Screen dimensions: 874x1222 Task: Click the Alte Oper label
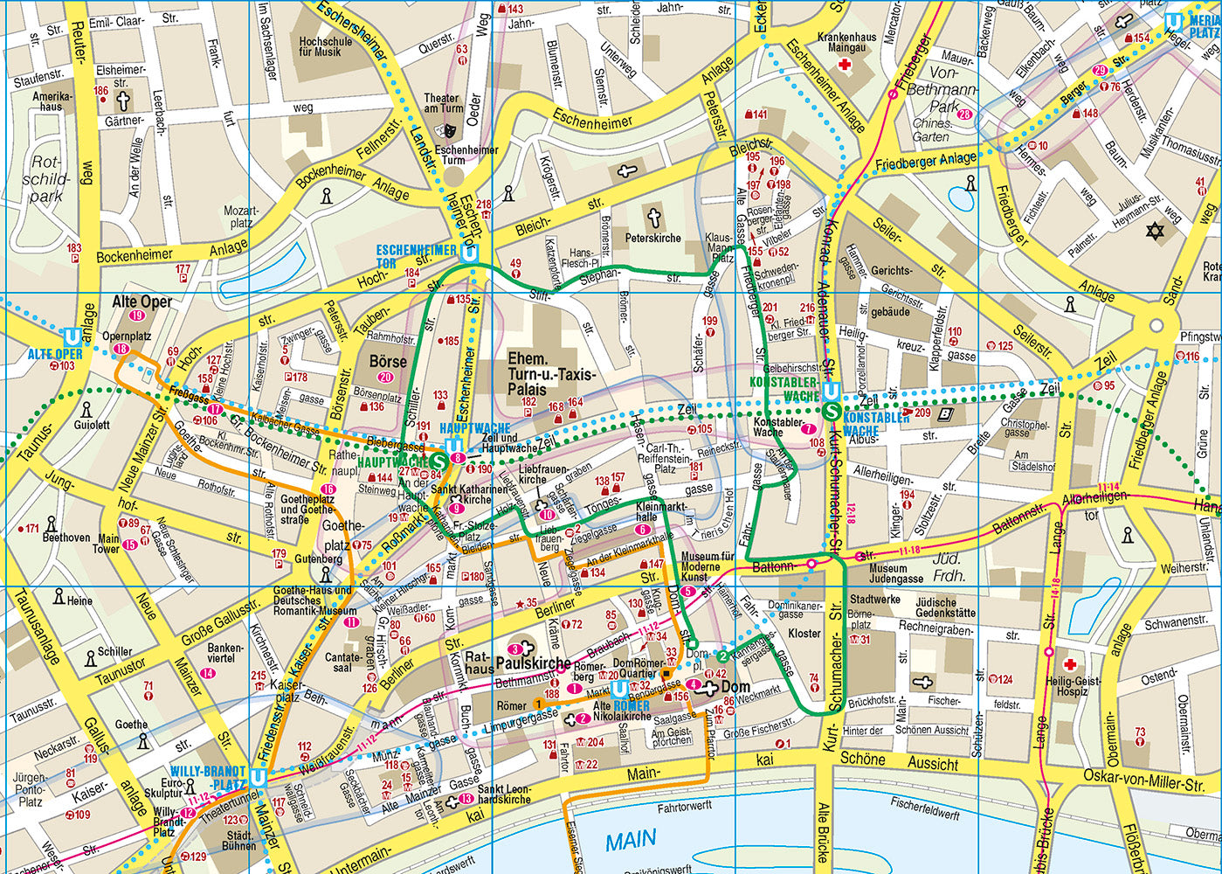tap(142, 302)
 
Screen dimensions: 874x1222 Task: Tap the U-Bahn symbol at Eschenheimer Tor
tap(471, 253)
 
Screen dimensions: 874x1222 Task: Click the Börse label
tap(388, 361)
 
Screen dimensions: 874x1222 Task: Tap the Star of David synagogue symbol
tap(1155, 231)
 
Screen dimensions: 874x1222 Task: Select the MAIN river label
tap(631, 842)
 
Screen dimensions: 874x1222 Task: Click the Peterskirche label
tap(652, 238)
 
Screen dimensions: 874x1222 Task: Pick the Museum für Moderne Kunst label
tap(707, 565)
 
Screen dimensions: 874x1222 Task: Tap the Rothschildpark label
tap(45, 178)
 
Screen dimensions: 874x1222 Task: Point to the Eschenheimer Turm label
tap(466, 155)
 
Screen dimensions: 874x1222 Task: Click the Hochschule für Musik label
tap(325, 46)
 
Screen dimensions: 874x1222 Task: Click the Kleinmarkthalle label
tap(661, 511)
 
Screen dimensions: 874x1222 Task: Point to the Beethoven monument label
tap(66, 538)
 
